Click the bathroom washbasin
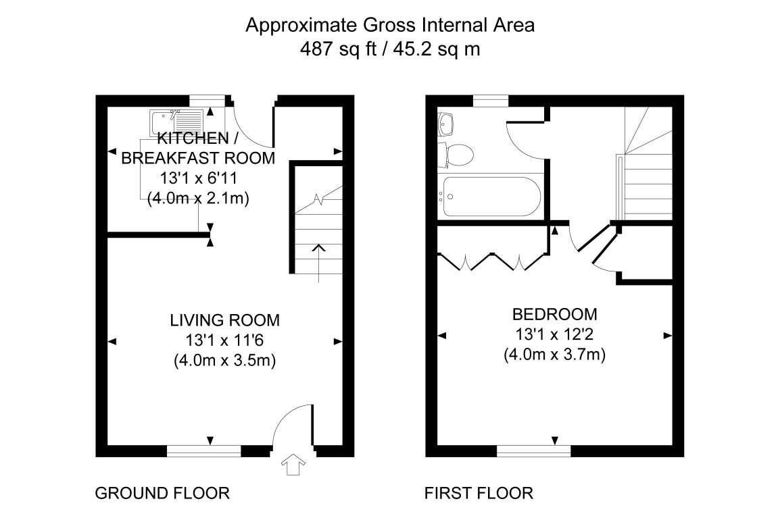[447, 124]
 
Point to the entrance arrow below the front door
[293, 465]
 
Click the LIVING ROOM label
[224, 320]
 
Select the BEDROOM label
[554, 314]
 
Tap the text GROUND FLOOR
[162, 493]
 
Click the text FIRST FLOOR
[479, 493]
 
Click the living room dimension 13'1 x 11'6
[224, 340]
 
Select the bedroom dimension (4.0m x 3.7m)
[554, 354]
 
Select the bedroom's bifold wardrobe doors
[491, 262]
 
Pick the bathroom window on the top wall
[490, 101]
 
